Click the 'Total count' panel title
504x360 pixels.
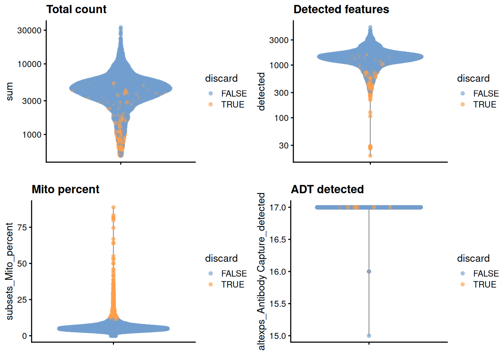[76, 9]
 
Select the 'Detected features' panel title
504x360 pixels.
[341, 9]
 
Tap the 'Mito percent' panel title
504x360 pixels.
[65, 189]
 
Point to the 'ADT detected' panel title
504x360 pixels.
[327, 189]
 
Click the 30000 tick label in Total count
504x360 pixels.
[29, 30]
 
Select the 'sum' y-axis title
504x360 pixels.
[9, 91]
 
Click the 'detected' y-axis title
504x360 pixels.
[261, 91]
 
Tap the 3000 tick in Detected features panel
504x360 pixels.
[279, 40]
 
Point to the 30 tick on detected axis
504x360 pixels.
[283, 145]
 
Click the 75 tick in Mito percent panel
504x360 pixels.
[22, 227]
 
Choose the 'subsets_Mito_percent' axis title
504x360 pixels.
[9, 271]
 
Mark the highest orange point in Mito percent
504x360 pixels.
[113, 207]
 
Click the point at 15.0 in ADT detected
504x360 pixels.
[369, 336]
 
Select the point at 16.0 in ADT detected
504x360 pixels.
[369, 271]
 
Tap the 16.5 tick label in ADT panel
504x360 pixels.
[277, 240]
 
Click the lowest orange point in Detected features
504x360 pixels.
[370, 156]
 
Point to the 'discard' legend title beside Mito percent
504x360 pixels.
[221, 258]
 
